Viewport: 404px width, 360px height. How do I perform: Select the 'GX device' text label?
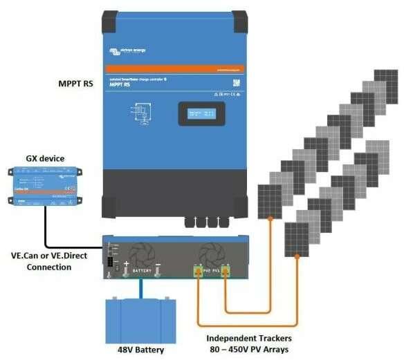tap(45, 158)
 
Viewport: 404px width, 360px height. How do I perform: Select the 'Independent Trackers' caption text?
tap(251, 338)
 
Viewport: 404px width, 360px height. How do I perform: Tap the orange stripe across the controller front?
tap(174, 70)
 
